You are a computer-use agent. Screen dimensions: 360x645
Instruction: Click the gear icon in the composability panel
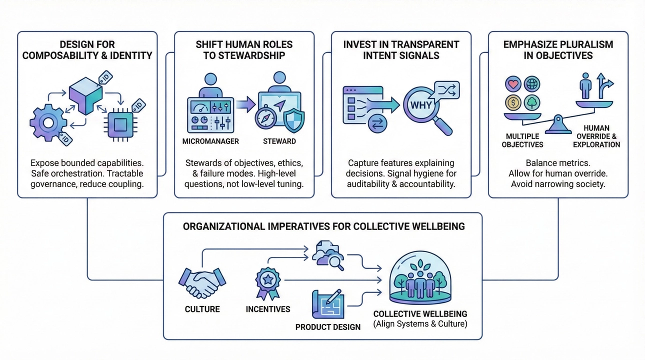pos(48,121)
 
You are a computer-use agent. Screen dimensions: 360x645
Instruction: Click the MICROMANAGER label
pos(210,141)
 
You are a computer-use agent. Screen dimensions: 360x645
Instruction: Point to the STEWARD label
pos(279,141)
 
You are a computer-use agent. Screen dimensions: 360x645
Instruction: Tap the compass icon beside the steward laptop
pos(264,119)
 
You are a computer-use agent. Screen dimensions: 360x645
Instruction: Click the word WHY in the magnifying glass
pos(420,106)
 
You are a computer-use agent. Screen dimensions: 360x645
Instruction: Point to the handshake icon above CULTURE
pos(202,282)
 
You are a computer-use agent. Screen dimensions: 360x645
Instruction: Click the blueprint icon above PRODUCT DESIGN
pos(327,304)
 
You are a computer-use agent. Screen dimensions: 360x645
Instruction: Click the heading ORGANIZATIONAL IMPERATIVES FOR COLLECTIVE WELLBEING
pos(323,226)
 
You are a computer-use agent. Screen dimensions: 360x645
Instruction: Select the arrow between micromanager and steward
pos(245,105)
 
